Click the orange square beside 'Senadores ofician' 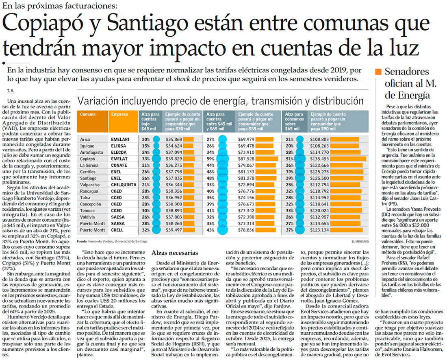pos(378,72)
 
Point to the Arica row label pos(86,139)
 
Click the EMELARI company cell pos(120,139)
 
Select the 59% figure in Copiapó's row pos(211,159)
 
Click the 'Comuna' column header pos(88,115)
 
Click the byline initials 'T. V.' pos(10,90)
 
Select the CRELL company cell pos(117,230)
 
